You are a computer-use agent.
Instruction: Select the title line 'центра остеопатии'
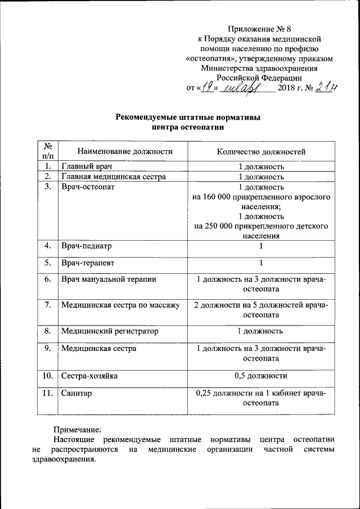[x=188, y=127]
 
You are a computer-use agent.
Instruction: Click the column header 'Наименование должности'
[x=117, y=151]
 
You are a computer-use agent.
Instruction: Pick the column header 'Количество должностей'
[x=261, y=151]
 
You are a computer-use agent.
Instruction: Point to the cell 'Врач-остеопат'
[x=88, y=187]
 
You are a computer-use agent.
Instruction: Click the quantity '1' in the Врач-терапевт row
[x=261, y=263]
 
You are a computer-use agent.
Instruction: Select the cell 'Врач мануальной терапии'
[x=109, y=279]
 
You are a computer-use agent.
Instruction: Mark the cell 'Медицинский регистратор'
[x=110, y=331]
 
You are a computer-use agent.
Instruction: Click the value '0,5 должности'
[x=261, y=376]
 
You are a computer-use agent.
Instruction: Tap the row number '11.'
[x=47, y=393]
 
